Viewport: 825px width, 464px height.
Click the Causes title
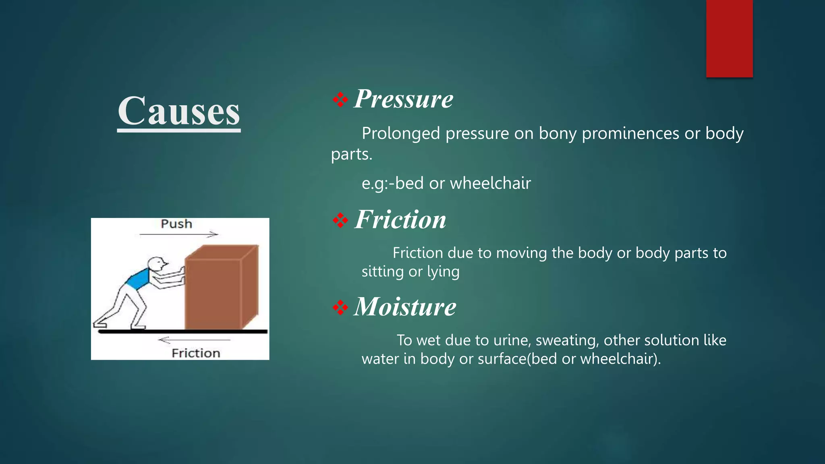coord(179,111)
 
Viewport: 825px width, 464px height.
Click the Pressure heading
coord(403,99)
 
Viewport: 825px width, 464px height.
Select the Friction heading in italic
coord(400,220)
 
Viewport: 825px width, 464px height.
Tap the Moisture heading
coord(405,307)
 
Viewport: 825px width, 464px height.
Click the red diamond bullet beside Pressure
coord(340,99)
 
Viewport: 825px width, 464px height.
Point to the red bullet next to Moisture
coord(340,308)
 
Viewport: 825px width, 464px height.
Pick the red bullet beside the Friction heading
coord(340,220)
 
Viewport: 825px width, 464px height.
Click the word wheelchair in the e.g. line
coord(490,183)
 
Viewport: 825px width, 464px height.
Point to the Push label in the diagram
coord(176,224)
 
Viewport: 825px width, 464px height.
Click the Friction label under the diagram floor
coord(196,353)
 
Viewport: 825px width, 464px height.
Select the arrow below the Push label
coord(179,234)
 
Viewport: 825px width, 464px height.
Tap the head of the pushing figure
coord(156,264)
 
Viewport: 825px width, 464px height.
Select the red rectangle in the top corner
coord(729,38)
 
